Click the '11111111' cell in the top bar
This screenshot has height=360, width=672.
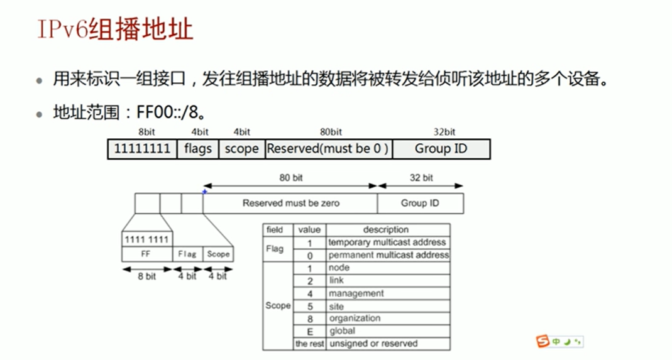pyautogui.click(x=142, y=149)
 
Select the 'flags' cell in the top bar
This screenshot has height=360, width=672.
pyautogui.click(x=197, y=149)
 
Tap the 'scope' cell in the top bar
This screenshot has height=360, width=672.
pyautogui.click(x=241, y=149)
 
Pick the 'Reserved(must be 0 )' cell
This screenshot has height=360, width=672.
pyautogui.click(x=328, y=149)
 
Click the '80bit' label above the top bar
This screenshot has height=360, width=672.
pyautogui.click(x=331, y=132)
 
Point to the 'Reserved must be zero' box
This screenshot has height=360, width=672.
pyautogui.click(x=290, y=203)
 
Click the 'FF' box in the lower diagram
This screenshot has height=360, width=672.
pyautogui.click(x=146, y=254)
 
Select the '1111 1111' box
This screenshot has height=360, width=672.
pyautogui.click(x=146, y=239)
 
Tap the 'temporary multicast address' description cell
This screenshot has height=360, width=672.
pyautogui.click(x=387, y=242)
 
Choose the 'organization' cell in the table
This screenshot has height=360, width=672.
pyautogui.click(x=355, y=319)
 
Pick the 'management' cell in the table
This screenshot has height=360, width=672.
pyautogui.click(x=356, y=293)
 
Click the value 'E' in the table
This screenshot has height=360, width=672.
pyautogui.click(x=310, y=331)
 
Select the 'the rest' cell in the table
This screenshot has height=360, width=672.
pyautogui.click(x=309, y=344)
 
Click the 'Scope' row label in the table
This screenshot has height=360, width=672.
pyautogui.click(x=278, y=305)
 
